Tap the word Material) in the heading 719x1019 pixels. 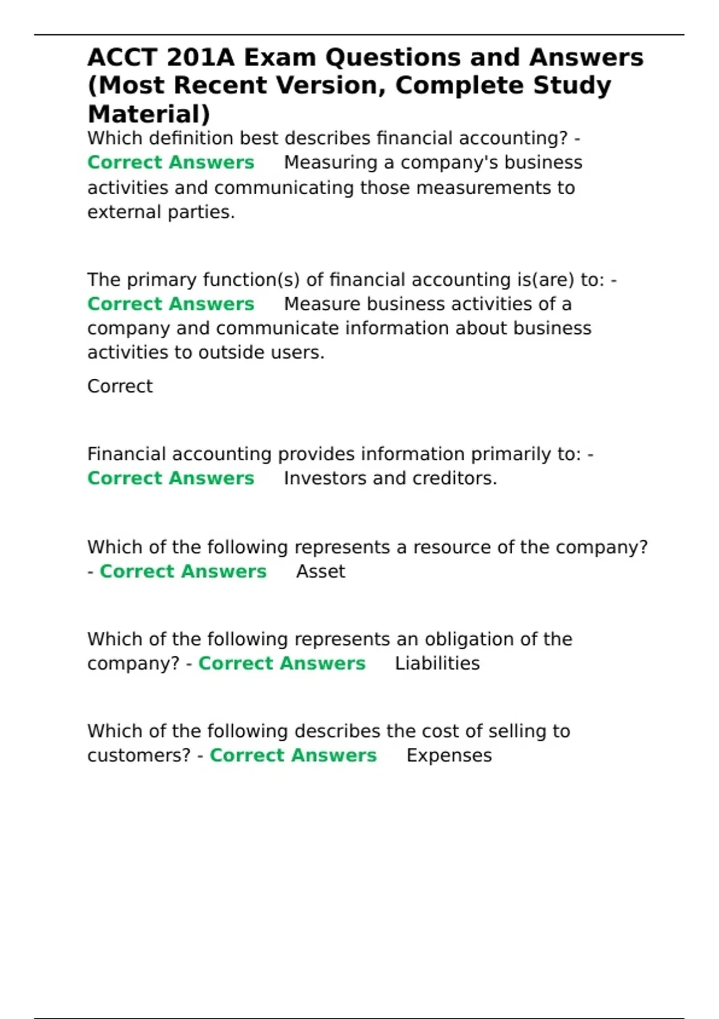tap(149, 114)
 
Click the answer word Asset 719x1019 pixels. tap(321, 571)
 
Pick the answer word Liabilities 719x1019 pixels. tap(437, 664)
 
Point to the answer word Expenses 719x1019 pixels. tap(449, 755)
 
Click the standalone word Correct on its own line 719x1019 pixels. tap(120, 386)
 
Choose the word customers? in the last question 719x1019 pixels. tap(139, 755)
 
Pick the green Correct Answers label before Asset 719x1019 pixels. tap(183, 571)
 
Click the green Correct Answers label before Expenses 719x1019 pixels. tap(293, 755)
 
